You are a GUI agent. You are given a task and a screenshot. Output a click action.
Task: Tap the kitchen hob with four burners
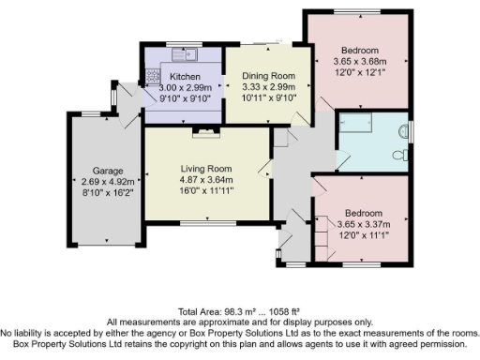click(150, 75)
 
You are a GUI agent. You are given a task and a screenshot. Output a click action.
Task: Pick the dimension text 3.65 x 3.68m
click(359, 62)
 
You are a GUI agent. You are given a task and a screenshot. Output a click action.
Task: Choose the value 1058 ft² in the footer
click(287, 310)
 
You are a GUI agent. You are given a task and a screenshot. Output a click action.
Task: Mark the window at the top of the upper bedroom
click(359, 10)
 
